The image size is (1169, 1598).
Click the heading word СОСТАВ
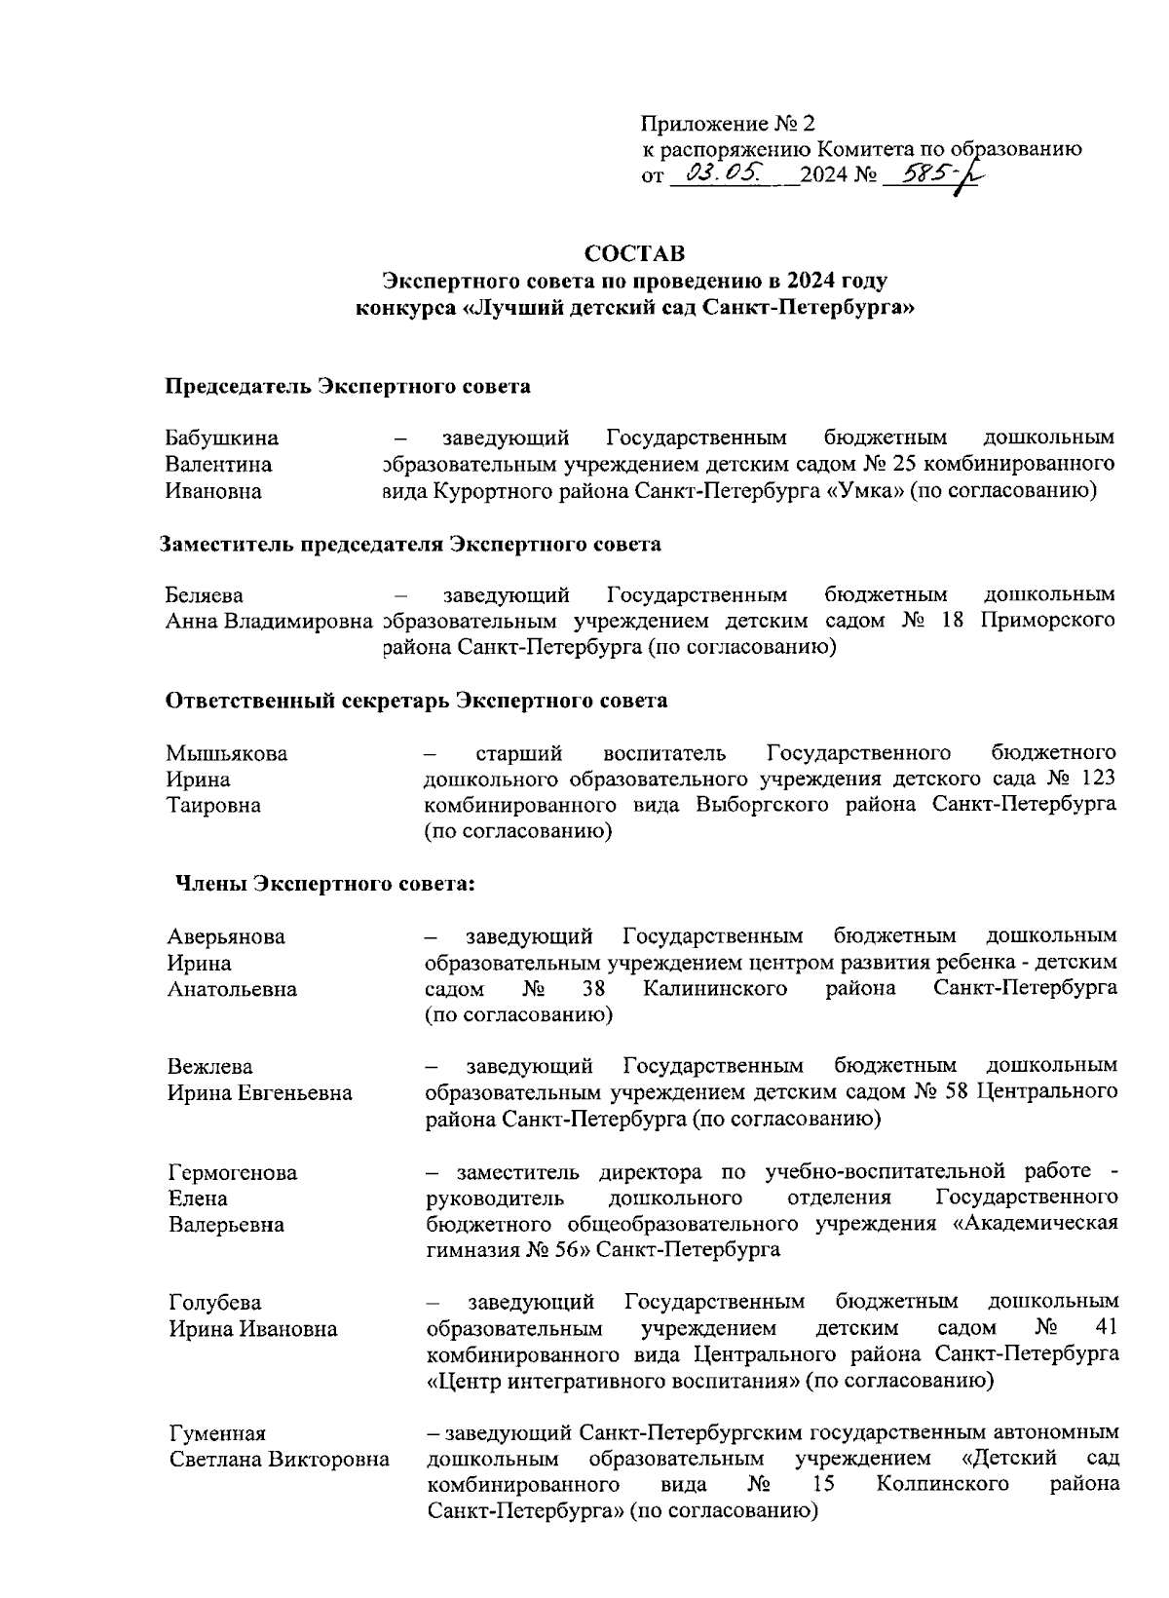634,253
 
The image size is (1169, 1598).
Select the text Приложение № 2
728,124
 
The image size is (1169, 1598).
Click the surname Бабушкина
222,438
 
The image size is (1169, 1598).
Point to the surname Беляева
205,595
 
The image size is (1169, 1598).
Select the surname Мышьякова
227,753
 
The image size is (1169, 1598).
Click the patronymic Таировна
213,806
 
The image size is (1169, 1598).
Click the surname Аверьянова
226,937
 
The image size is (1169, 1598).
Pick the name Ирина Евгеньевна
260,1094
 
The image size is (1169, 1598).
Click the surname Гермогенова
233,1172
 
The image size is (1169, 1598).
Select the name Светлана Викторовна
280,1460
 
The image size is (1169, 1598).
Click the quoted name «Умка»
864,491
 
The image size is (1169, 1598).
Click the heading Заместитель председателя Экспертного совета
411,544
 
